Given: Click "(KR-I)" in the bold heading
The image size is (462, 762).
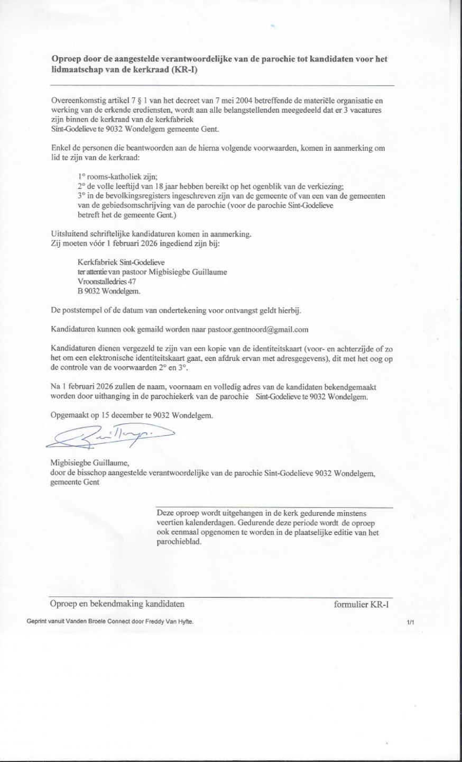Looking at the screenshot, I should [x=183, y=69].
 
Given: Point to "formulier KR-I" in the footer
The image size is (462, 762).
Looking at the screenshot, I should [x=362, y=604].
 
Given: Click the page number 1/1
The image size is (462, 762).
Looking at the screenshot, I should [x=410, y=623].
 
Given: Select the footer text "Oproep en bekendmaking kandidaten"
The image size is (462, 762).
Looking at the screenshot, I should [x=117, y=604].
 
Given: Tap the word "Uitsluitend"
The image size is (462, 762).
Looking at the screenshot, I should [x=68, y=234].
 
